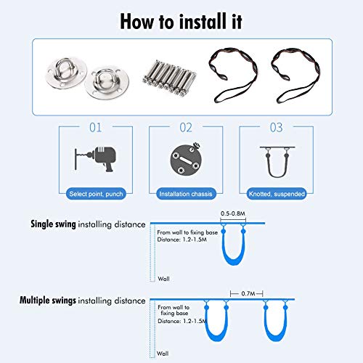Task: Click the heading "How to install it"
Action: pos(181,21)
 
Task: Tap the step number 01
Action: pos(96,127)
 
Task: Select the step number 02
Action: pos(186,127)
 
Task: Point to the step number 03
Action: pos(276,127)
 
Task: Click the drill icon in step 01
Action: pos(95,159)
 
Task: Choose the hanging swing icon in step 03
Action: pos(277,162)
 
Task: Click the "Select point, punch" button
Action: pos(96,194)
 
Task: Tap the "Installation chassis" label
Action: pos(186,194)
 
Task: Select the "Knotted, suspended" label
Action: pos(277,194)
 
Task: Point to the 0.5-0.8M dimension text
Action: pos(233,213)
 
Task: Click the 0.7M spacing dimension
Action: pos(248,293)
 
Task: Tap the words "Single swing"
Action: pos(53,224)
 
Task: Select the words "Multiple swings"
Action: pos(48,301)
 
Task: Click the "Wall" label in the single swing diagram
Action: pos(163,279)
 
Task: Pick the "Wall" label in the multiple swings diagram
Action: pos(163,354)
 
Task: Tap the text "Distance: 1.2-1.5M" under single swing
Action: pos(182,240)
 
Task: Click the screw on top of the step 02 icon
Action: pos(197,147)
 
